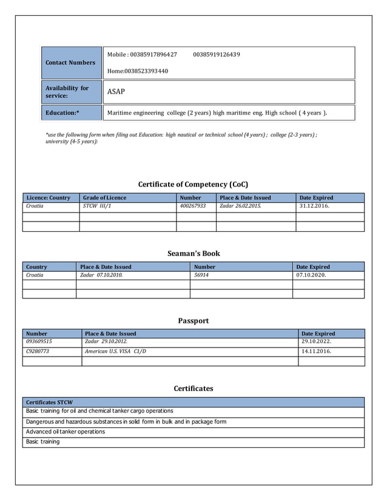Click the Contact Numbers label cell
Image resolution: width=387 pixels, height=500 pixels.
coord(70,62)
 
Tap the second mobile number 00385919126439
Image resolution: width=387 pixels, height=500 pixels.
coord(217,55)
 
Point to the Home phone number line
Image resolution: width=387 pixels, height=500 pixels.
coord(138,71)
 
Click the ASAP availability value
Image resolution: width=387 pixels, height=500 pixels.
coord(116,92)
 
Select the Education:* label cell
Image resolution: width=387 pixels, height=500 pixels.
coord(62,113)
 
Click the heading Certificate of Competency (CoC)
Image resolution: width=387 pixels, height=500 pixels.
coord(193,184)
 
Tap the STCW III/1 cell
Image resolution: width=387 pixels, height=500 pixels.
coord(97,206)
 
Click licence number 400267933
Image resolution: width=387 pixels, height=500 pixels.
coord(193,206)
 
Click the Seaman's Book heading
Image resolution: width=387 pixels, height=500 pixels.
coord(193,253)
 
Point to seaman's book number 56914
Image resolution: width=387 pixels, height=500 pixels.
coord(201,275)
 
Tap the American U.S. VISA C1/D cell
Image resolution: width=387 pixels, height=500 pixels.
coord(115,352)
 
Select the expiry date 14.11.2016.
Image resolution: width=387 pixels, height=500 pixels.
coord(316,352)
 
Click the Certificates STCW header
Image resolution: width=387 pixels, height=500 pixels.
coord(49,402)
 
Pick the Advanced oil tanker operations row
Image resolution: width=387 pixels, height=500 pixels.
coord(66,432)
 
